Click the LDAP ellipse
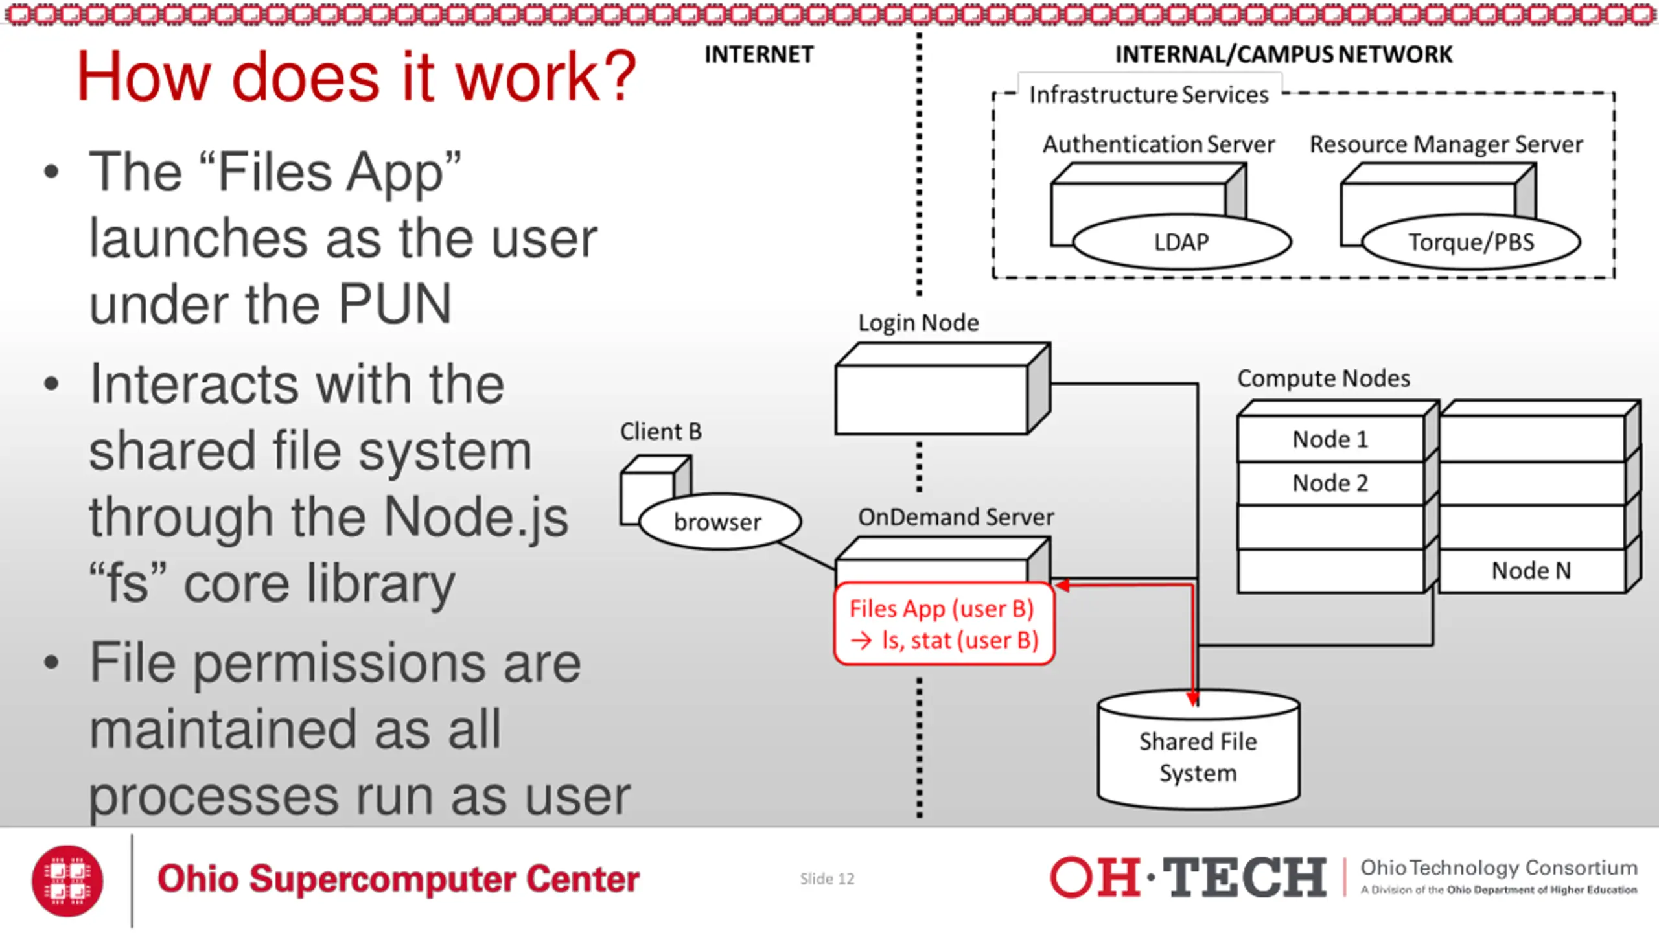point(1182,242)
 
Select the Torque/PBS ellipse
point(1471,242)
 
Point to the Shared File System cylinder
point(1198,750)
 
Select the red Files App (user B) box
point(944,624)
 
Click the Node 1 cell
point(1330,439)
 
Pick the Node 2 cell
point(1330,483)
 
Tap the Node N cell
point(1531,571)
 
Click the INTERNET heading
point(759,55)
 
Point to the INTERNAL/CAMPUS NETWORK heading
point(1284,55)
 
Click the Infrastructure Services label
point(1148,95)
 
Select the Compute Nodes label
point(1323,378)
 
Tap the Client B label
point(661,432)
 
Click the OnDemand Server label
point(956,517)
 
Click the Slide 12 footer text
point(827,879)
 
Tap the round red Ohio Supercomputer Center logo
point(67,881)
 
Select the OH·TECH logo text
point(1188,878)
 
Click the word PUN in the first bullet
point(395,303)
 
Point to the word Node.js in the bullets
point(476,518)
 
